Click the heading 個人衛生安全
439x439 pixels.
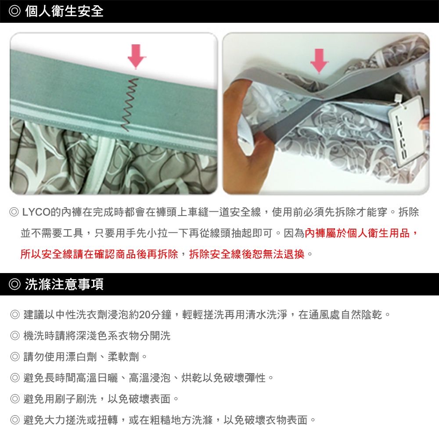click(x=65, y=11)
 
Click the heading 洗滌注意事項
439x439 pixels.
click(x=65, y=284)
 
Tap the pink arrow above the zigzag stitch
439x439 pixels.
click(x=137, y=57)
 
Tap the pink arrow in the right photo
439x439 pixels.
click(x=319, y=61)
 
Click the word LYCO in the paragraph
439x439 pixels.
click(x=36, y=212)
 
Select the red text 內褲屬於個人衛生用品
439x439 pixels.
click(x=357, y=233)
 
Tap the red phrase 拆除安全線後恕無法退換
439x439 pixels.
click(x=247, y=254)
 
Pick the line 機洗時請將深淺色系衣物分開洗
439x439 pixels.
click(x=97, y=336)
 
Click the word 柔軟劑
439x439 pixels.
click(x=123, y=356)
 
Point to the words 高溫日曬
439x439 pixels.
click(x=97, y=378)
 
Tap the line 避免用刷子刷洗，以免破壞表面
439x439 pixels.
click(x=97, y=399)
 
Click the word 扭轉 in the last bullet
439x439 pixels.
click(x=107, y=420)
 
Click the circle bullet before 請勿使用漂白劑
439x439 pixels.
click(x=15, y=356)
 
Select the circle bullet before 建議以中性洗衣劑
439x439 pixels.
click(x=15, y=315)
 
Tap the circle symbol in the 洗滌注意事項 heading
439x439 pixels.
click(x=14, y=284)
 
